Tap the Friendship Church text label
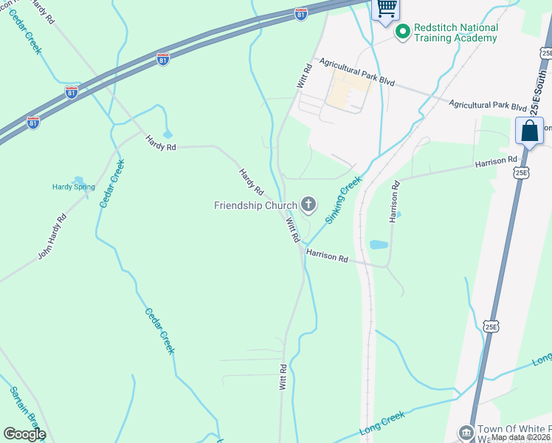pyautogui.click(x=255, y=205)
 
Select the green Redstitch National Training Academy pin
pyautogui.click(x=402, y=32)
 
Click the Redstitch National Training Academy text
pyautogui.click(x=456, y=32)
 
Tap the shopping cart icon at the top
pyautogui.click(x=386, y=9)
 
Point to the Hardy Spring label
pyautogui.click(x=74, y=187)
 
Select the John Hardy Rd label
pyautogui.click(x=52, y=236)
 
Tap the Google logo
pyautogui.click(x=24, y=434)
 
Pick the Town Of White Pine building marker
pyautogui.click(x=466, y=431)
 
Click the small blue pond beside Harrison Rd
pyautogui.click(x=377, y=244)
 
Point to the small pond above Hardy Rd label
pyautogui.click(x=168, y=134)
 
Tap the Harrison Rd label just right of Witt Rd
pyautogui.click(x=327, y=256)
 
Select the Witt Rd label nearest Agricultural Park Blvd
pyautogui.click(x=306, y=77)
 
